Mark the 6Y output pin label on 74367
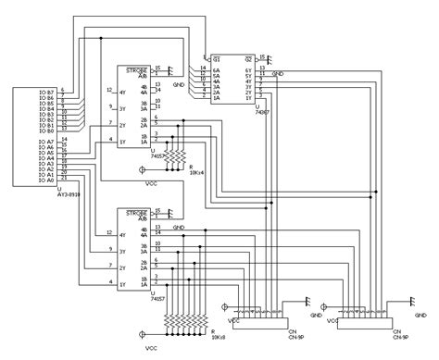point(248,70)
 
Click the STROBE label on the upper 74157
point(137,68)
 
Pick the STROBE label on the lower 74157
point(137,212)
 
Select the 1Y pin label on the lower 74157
point(121,284)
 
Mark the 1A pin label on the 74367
point(217,100)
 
